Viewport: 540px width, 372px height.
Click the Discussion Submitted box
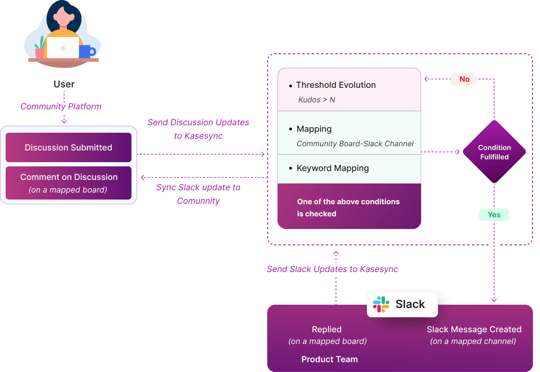coord(68,148)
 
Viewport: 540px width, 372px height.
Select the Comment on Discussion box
coord(68,183)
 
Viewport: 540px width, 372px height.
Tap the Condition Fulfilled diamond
coord(494,152)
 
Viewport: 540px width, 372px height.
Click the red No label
coord(464,79)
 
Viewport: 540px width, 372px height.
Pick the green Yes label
coord(494,215)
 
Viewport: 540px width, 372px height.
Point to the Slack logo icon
coord(381,304)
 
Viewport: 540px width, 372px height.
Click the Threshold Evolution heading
coord(336,85)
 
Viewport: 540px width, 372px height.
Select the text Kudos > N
coord(317,100)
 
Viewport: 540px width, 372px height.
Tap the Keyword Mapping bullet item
coord(332,168)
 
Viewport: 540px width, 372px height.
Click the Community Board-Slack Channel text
coord(355,144)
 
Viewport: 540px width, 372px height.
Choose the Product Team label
coord(329,359)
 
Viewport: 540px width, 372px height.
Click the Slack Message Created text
coord(474,329)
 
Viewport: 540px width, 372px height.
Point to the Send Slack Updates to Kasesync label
coord(332,269)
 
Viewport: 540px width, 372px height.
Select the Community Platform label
coord(60,107)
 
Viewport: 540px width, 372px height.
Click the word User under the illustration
coord(64,84)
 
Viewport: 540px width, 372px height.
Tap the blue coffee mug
coord(87,51)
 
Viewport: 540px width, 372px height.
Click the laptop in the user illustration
coord(63,48)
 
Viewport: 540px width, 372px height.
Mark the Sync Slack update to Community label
coord(198,194)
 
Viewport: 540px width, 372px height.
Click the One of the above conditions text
coord(348,202)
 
